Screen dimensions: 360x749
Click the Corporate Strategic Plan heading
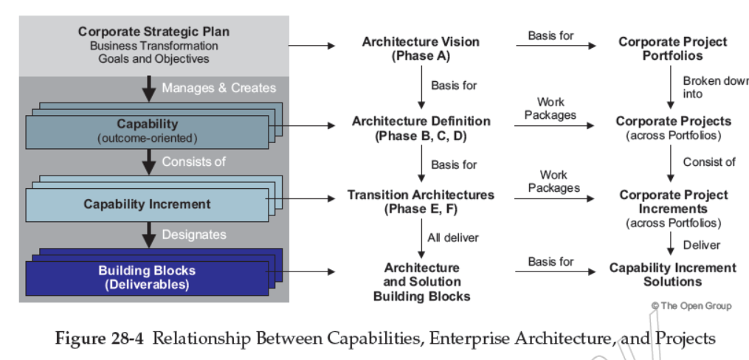[153, 32]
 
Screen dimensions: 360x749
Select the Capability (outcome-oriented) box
[147, 131]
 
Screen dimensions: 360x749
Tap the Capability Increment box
[147, 204]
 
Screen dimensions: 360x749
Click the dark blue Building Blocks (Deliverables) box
[147, 277]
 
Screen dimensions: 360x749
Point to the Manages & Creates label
[218, 88]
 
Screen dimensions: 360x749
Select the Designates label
[195, 235]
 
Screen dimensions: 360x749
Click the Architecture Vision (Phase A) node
[421, 49]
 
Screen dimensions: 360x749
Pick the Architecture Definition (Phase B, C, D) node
[421, 128]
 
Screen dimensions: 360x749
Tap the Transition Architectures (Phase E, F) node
[421, 201]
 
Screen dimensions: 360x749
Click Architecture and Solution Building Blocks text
[421, 281]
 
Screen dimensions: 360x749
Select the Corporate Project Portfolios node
[672, 49]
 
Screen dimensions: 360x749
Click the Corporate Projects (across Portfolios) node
[673, 128]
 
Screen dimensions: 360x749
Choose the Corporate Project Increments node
[673, 208]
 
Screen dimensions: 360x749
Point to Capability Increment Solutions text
[672, 274]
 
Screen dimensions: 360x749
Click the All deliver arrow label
[452, 238]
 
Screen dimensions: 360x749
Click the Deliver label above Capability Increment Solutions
[700, 244]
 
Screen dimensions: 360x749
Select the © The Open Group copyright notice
[691, 305]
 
